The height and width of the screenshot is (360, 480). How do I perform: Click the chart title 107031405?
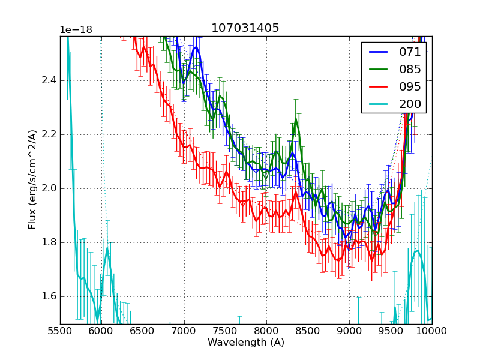[245, 28]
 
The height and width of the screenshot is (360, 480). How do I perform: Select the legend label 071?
[410, 52]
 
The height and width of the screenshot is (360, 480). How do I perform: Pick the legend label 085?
[410, 69]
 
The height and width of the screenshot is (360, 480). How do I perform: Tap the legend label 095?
[410, 86]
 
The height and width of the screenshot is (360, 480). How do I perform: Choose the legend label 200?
[410, 104]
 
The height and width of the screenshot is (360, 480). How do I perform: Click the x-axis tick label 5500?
[60, 332]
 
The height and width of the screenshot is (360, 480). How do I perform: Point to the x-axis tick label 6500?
[143, 332]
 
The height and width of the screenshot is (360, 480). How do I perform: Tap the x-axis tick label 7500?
[226, 332]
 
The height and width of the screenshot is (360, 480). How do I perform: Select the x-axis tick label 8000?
[266, 332]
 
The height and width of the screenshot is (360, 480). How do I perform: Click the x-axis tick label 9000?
[349, 332]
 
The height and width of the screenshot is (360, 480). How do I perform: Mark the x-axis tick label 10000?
[431, 332]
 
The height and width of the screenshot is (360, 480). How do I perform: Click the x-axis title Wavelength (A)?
[246, 343]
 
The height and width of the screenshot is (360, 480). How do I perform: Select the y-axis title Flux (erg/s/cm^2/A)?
[32, 180]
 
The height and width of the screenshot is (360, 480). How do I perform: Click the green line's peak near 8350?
[296, 118]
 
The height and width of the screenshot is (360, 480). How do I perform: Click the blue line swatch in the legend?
[377, 52]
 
